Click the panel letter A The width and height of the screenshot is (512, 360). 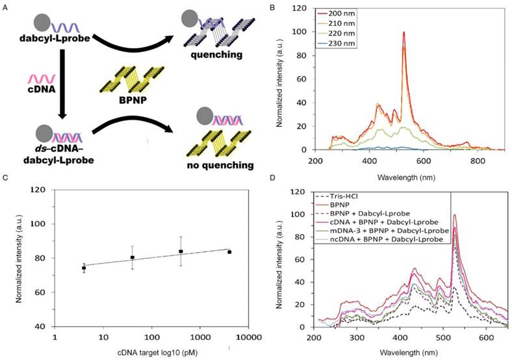[6, 6]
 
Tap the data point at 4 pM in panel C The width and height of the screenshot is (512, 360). [84, 267]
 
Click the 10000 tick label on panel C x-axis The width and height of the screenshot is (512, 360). [241, 338]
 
